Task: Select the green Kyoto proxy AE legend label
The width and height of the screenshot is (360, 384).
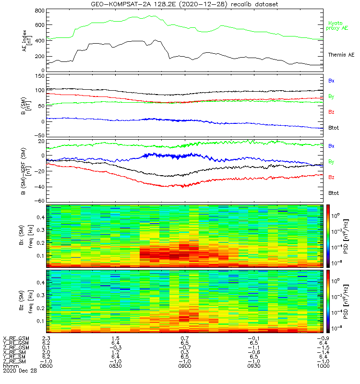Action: click(338, 26)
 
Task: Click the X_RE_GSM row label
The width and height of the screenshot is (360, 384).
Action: click(15, 338)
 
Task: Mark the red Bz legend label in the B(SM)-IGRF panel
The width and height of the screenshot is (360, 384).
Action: click(331, 177)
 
